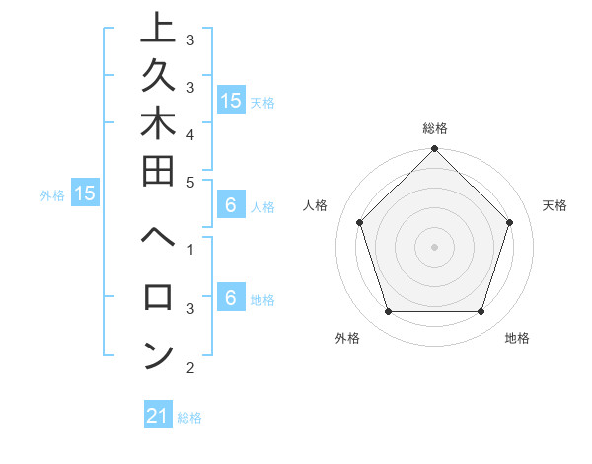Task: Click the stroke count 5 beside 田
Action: (190, 181)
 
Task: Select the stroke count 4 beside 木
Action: (190, 133)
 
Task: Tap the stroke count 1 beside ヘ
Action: (190, 248)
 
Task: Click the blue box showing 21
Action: (158, 416)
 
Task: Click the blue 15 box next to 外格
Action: (85, 193)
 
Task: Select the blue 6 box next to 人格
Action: (231, 206)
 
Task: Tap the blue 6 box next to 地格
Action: (231, 297)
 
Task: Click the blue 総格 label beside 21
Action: (189, 418)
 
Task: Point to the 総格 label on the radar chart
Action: (435, 128)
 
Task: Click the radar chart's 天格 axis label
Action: (555, 205)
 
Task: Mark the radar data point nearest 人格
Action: (360, 222)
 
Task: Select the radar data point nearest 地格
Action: (481, 312)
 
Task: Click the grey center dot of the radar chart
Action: (435, 246)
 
